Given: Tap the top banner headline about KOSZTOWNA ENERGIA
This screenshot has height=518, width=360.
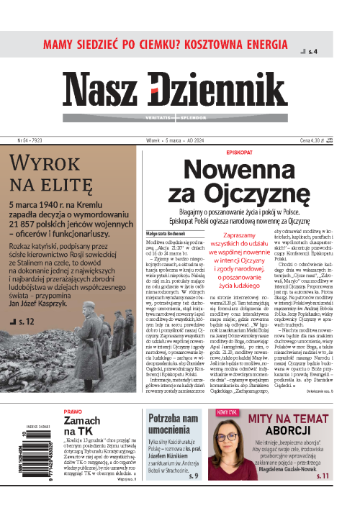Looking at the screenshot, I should point(170,44).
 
